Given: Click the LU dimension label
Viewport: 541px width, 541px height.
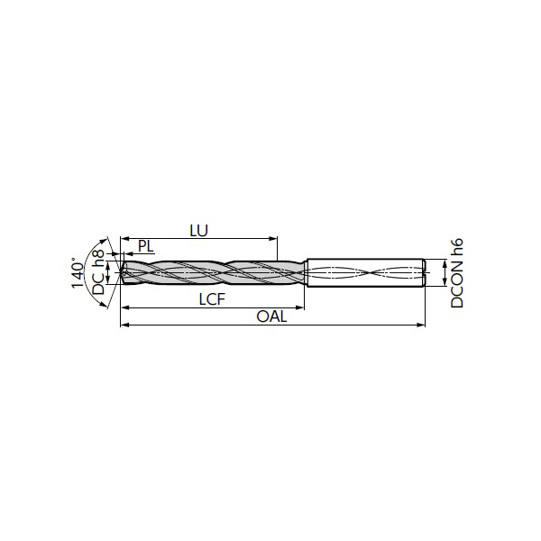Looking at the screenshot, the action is point(199,231).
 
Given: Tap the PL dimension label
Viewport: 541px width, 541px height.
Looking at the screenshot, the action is point(145,246).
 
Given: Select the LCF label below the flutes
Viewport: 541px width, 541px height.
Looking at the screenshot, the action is point(212,299).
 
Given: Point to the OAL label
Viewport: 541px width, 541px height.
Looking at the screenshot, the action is point(271,316).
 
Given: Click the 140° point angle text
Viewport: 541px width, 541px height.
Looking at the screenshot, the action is point(78,272).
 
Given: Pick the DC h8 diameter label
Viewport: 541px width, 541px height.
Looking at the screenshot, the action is point(98,272).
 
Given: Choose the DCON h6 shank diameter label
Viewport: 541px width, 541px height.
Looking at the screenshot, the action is point(457,273).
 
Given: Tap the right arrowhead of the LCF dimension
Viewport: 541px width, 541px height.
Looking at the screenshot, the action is point(300,307).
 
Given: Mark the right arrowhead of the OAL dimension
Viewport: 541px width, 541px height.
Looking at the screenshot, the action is point(421,325).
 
